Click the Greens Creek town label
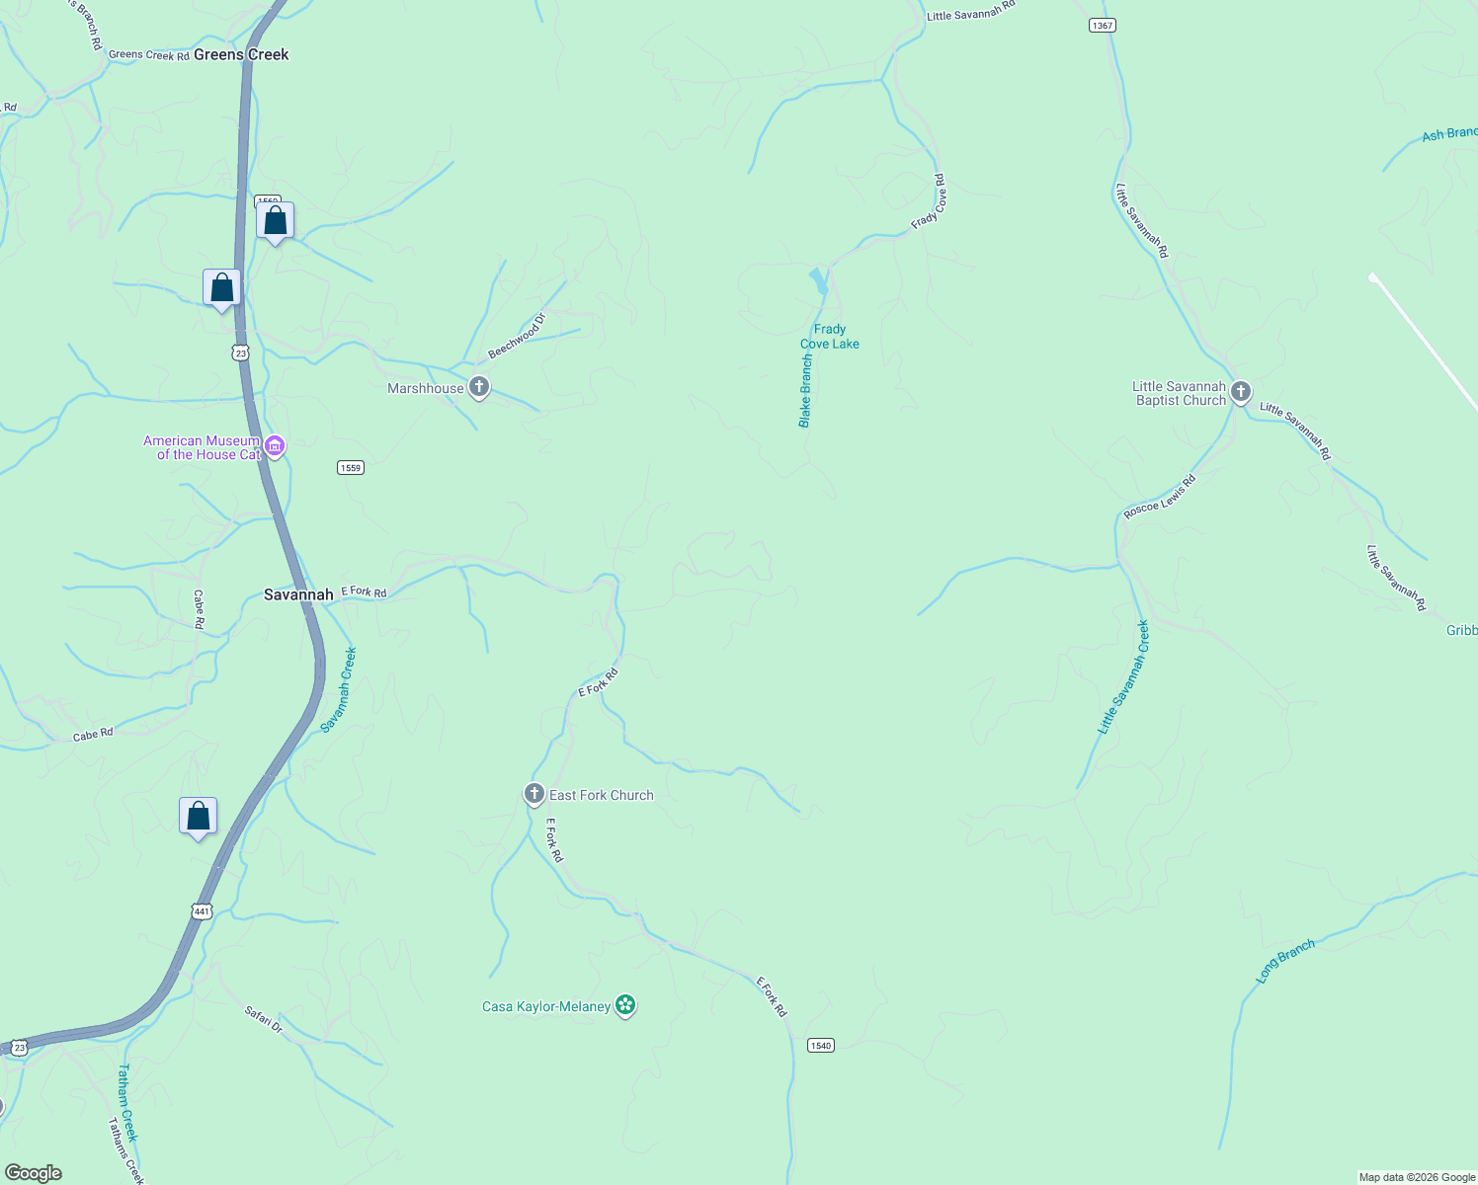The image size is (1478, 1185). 241,54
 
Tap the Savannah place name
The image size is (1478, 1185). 298,594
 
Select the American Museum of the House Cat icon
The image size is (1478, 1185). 276,447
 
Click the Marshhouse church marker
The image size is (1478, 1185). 479,387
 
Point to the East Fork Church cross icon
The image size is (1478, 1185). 534,794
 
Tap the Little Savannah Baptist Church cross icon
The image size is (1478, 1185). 1241,392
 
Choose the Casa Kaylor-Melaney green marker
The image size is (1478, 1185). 624,1005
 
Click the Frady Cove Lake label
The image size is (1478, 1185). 830,337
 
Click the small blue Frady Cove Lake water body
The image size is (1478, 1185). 818,281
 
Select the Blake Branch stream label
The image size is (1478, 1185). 805,391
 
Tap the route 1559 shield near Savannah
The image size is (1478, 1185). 351,467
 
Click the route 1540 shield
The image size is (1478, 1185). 821,1045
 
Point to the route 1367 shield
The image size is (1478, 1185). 1103,26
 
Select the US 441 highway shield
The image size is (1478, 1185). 202,910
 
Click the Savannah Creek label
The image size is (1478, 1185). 339,689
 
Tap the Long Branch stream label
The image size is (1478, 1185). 1285,960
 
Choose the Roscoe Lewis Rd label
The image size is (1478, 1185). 1160,497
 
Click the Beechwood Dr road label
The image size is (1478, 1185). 517,337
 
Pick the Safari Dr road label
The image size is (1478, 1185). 264,1019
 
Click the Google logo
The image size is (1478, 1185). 34,1173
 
